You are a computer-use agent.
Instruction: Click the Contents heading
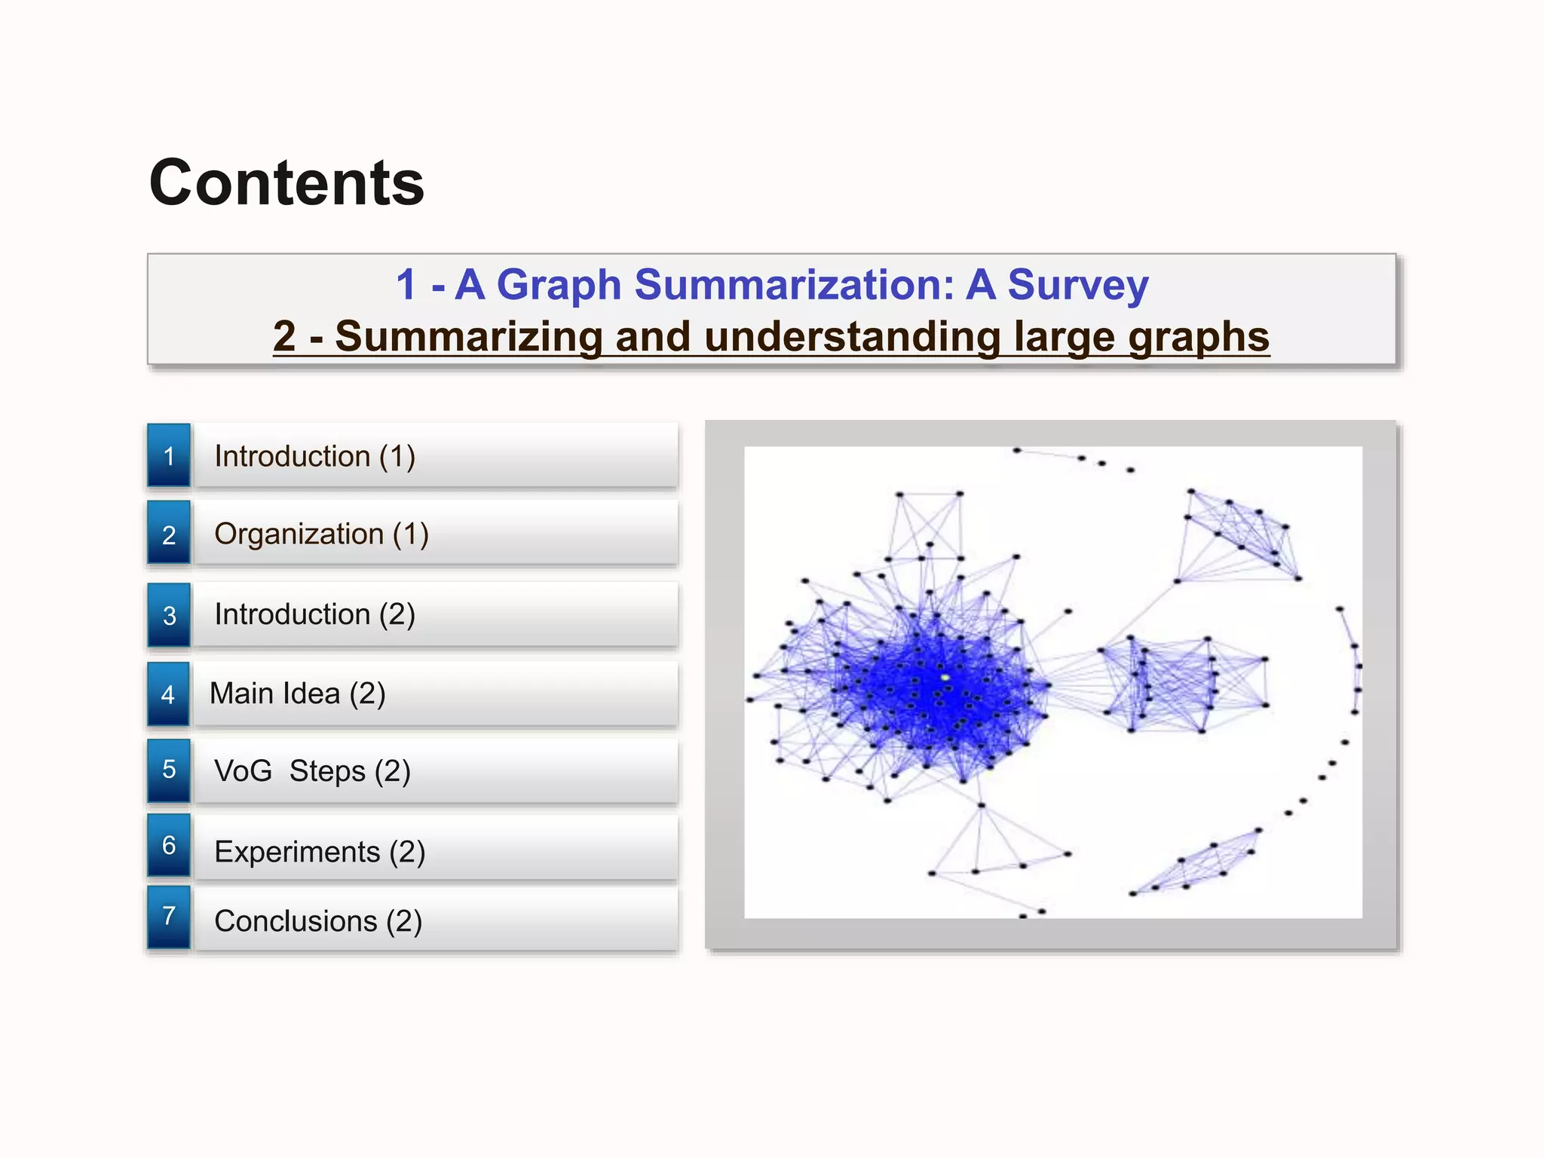[x=286, y=183]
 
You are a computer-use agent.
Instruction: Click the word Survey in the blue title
[x=1078, y=285]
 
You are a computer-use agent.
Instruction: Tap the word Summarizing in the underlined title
[x=467, y=336]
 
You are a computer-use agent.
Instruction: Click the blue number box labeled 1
[x=169, y=455]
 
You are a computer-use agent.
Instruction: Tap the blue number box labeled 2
[x=169, y=534]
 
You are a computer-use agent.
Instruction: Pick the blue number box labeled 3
[x=169, y=614]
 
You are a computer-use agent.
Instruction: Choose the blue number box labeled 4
[x=168, y=694]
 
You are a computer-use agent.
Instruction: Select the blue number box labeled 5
[x=169, y=770]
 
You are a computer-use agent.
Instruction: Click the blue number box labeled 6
[x=169, y=845]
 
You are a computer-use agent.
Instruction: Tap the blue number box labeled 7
[x=169, y=917]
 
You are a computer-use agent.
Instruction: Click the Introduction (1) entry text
[x=314, y=456]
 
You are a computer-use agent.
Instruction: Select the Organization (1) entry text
[x=321, y=534]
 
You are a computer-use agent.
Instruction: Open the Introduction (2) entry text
[x=314, y=614]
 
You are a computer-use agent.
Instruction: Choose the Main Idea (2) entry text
[x=297, y=693]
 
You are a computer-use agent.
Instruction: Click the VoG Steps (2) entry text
[x=312, y=770]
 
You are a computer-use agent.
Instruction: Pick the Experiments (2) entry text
[x=320, y=851]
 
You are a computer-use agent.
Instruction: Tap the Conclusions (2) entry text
[x=318, y=921]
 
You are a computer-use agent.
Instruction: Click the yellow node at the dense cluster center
[x=945, y=678]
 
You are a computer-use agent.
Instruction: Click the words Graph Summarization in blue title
[x=724, y=285]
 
